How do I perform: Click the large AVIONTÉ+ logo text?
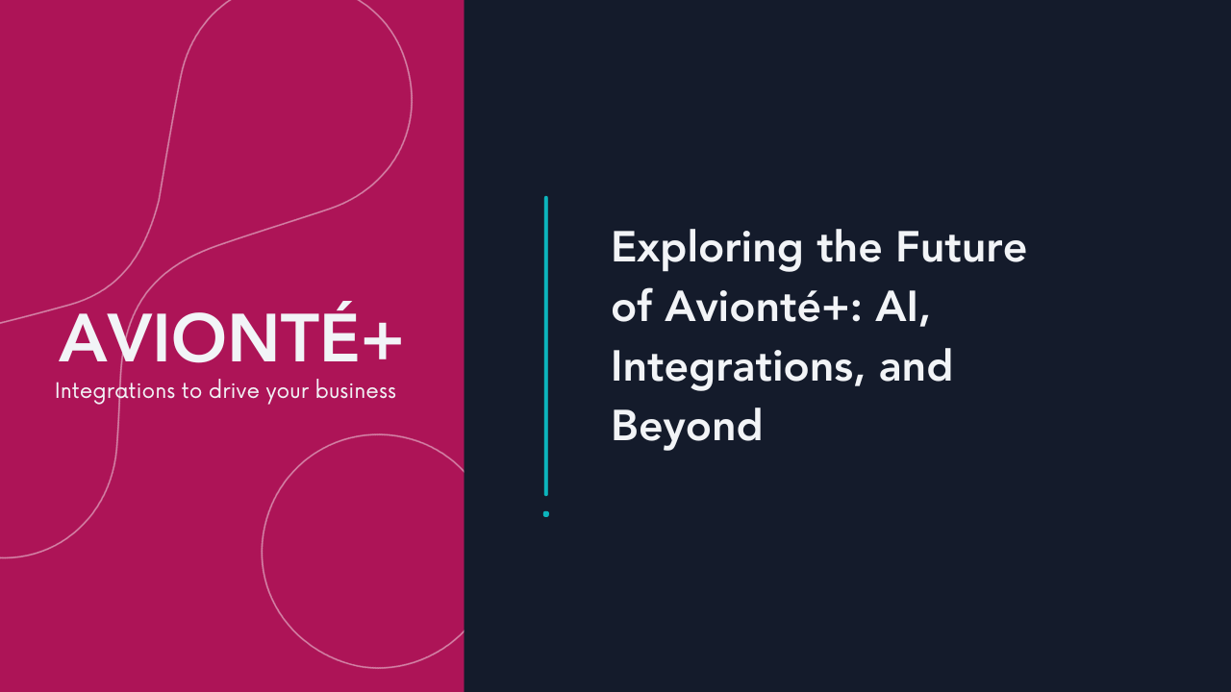coord(230,339)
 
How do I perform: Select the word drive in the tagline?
coord(235,392)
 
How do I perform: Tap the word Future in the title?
coord(962,248)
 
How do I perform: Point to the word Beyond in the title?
coord(687,426)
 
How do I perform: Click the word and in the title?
coord(916,367)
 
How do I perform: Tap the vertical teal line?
coord(546,346)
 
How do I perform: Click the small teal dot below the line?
coord(546,514)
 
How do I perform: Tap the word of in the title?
coord(631,308)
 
